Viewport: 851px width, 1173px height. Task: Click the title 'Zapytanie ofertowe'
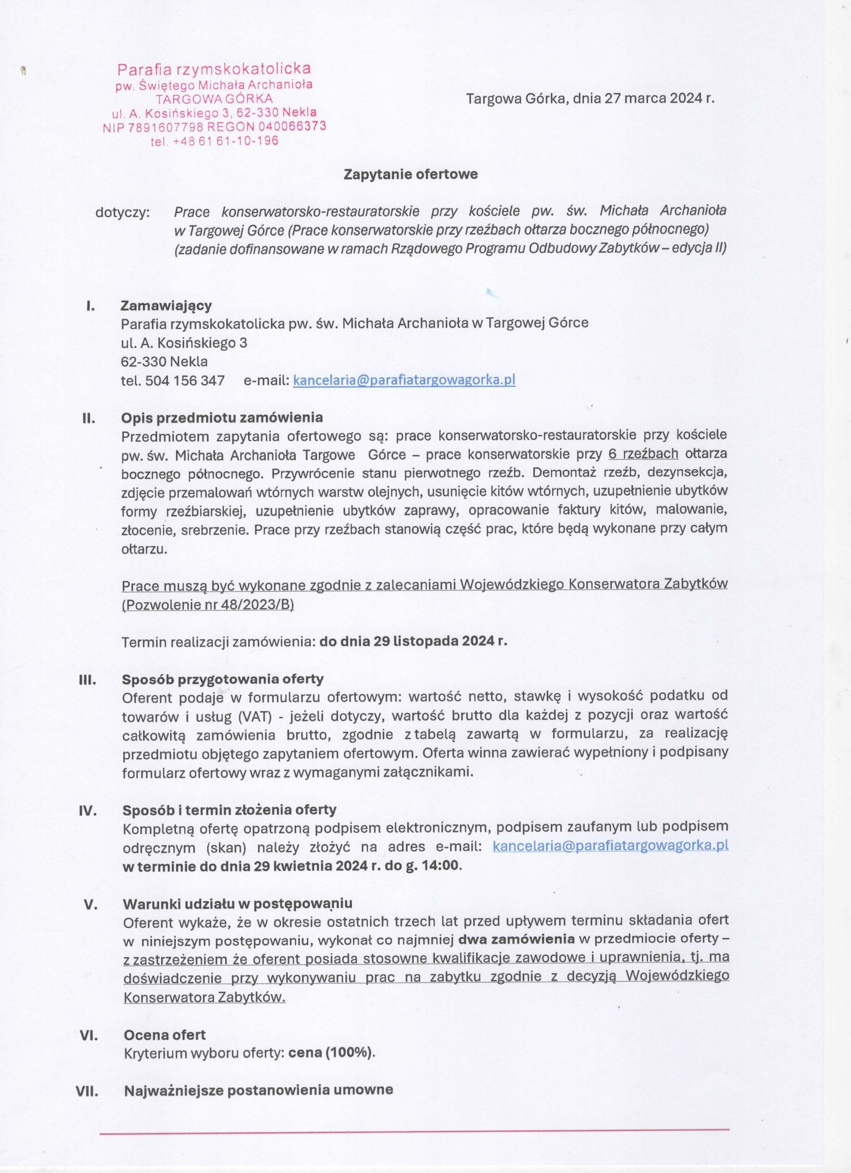point(411,174)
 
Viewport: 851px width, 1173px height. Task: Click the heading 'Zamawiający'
point(166,306)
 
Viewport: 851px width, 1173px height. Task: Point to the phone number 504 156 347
point(185,381)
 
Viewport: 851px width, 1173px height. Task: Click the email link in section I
point(404,380)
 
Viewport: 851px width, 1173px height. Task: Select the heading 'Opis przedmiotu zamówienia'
point(222,417)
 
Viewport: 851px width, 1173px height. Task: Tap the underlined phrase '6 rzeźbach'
point(643,454)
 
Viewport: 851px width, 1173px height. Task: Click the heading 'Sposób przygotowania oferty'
point(223,679)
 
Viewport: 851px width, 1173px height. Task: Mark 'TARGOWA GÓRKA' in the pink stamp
point(215,99)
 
